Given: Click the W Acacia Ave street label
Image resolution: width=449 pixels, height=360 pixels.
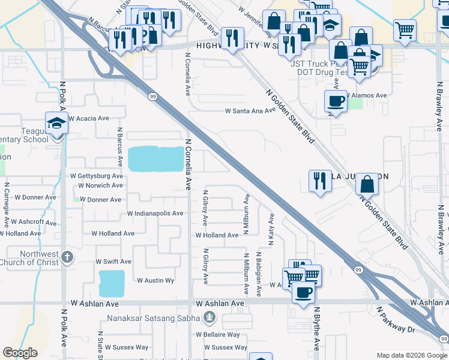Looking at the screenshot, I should [88, 119].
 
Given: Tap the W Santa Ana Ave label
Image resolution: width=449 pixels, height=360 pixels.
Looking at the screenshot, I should [250, 111].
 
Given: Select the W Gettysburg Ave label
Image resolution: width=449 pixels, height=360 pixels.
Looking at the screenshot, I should [97, 176].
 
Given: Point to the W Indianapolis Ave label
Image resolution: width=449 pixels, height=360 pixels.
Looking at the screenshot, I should [155, 214].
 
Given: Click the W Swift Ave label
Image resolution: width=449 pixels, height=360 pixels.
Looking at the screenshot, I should [113, 262].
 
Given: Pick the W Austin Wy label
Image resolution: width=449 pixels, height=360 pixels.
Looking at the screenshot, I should [155, 280].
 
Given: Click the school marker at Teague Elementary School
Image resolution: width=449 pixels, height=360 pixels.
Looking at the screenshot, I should [57, 124].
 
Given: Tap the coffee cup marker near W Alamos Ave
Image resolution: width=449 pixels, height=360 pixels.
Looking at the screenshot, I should [336, 101].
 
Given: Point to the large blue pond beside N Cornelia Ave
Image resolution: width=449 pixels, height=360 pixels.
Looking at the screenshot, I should [155, 158].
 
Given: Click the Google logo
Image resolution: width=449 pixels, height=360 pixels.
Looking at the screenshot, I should [20, 352].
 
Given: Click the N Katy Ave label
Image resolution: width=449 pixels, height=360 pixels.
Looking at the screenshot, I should [271, 229].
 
